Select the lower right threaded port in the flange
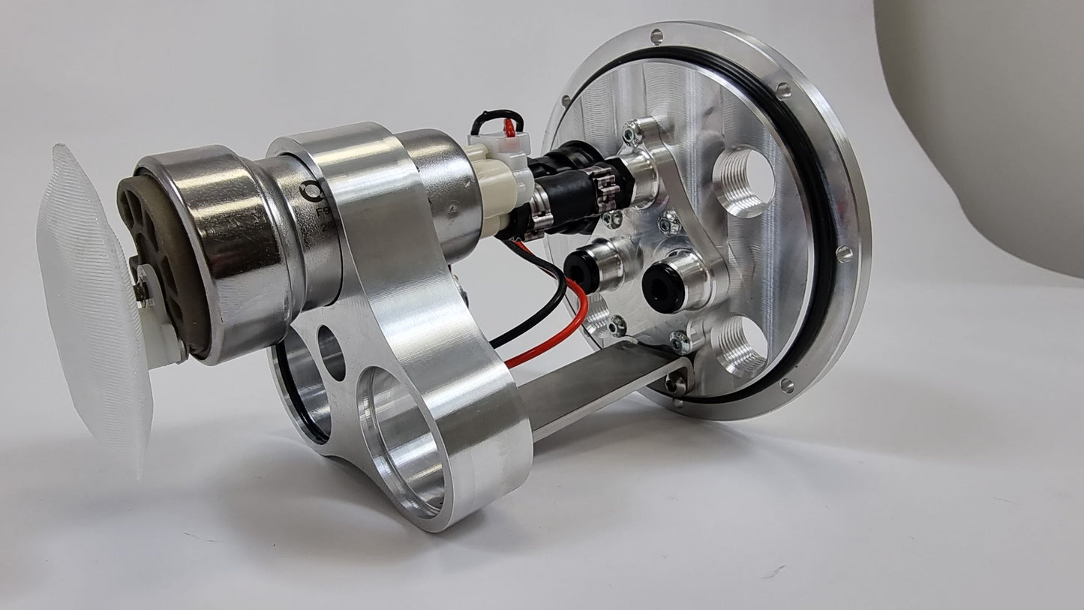click(x=743, y=345)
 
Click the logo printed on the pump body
click(x=310, y=191)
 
